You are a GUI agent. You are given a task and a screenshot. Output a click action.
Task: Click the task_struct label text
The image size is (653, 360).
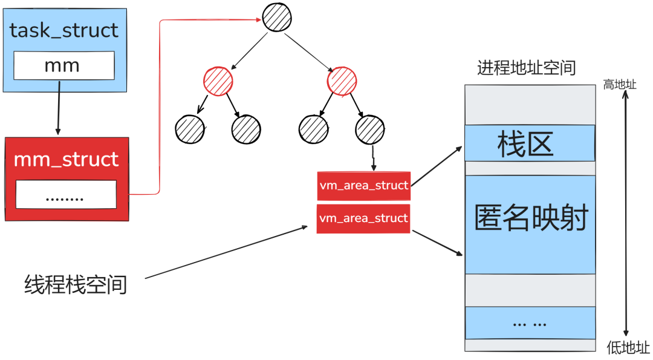pyautogui.click(x=64, y=30)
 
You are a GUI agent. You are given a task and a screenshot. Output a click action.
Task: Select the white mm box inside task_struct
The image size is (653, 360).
pyautogui.click(x=63, y=65)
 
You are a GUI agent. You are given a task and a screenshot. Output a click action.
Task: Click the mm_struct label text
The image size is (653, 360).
pyautogui.click(x=66, y=160)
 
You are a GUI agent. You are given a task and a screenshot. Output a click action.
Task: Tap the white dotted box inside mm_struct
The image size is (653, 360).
pyautogui.click(x=65, y=194)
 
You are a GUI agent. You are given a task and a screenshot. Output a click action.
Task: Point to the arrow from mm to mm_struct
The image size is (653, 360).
pyautogui.click(x=59, y=109)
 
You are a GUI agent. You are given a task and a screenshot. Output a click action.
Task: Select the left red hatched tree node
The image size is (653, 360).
pyautogui.click(x=218, y=82)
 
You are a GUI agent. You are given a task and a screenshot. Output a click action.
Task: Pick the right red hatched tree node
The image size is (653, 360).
pyautogui.click(x=341, y=82)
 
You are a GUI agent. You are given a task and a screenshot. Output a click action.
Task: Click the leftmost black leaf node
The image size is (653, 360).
pyautogui.click(x=189, y=128)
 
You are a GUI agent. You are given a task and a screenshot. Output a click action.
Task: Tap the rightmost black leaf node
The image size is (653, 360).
pyautogui.click(x=369, y=128)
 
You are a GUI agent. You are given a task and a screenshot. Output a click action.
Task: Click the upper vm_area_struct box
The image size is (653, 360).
pyautogui.click(x=363, y=186)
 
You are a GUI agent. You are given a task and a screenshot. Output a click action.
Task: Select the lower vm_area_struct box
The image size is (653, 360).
pyautogui.click(x=363, y=218)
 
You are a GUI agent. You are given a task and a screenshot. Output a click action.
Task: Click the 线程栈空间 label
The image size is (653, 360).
pyautogui.click(x=76, y=284)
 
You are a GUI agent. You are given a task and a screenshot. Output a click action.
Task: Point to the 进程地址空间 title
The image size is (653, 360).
pyautogui.click(x=526, y=68)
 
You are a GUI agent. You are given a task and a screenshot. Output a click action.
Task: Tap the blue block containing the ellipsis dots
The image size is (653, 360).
pyautogui.click(x=530, y=322)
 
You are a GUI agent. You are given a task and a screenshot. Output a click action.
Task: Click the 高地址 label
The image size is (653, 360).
pyautogui.click(x=620, y=85)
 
